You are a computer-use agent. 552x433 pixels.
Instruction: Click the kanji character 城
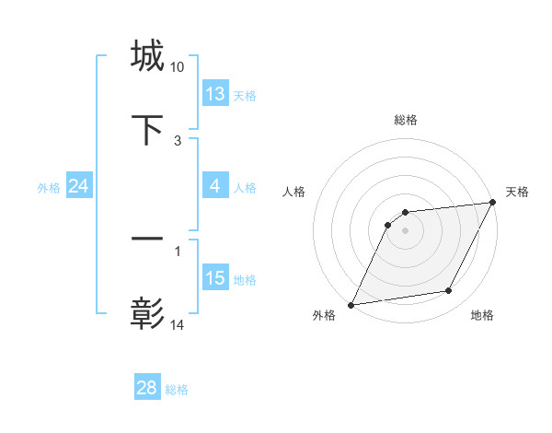point(147,55)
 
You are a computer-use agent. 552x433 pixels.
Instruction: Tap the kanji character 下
point(147,129)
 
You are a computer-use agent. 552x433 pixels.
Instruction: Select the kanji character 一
point(147,240)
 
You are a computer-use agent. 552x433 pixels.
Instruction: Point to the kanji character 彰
point(147,313)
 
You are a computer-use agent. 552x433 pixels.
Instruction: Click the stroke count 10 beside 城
point(177,67)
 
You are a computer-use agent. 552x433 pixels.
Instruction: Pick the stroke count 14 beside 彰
point(177,324)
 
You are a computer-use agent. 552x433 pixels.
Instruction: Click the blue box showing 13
point(215,94)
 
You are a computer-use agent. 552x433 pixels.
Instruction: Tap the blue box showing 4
point(215,186)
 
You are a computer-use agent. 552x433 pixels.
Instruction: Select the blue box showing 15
point(215,278)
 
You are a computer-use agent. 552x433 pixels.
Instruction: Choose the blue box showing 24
point(78,186)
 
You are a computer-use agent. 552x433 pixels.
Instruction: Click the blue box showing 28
point(147,388)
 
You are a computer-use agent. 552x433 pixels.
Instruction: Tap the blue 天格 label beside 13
point(245,96)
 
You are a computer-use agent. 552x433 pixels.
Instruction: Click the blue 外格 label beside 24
point(49,188)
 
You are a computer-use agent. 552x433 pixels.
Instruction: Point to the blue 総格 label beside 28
point(177,390)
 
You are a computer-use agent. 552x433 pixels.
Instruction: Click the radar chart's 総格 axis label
point(406,120)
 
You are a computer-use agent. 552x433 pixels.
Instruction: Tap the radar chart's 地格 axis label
point(482,316)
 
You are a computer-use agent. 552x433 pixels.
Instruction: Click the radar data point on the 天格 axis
point(492,202)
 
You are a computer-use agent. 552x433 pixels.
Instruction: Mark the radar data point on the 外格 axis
point(351,304)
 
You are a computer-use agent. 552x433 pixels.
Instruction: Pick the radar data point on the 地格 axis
point(449,291)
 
